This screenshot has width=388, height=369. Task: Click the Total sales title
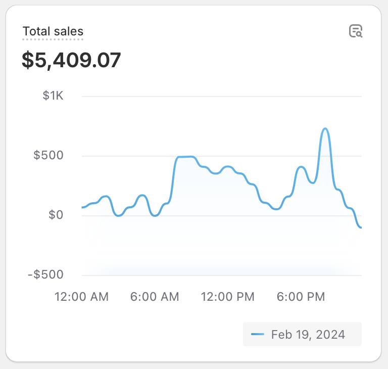coord(53,31)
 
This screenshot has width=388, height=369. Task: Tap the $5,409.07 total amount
coord(71,60)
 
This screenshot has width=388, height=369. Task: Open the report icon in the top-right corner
coord(356,31)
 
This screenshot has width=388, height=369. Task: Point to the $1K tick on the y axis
coord(53,96)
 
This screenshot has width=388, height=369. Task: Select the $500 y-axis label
coord(48,155)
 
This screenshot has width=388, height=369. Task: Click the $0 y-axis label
coord(56,215)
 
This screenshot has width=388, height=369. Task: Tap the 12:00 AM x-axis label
coord(81,297)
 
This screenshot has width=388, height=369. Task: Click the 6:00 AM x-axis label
coord(155,297)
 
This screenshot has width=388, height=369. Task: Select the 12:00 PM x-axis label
coord(228,297)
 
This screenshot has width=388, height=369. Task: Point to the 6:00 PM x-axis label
coord(301,297)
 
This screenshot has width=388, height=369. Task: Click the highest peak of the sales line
coord(325,129)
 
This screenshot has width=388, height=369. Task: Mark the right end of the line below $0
coord(361,227)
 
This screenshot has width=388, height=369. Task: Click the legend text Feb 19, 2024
coord(308,335)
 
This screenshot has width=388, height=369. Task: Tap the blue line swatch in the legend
coord(258,335)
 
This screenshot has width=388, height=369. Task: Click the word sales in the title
coord(68,31)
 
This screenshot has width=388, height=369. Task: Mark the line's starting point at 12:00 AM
coord(82,207)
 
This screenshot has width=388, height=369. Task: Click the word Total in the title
coord(36,31)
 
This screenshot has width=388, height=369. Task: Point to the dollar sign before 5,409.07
coord(27,60)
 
